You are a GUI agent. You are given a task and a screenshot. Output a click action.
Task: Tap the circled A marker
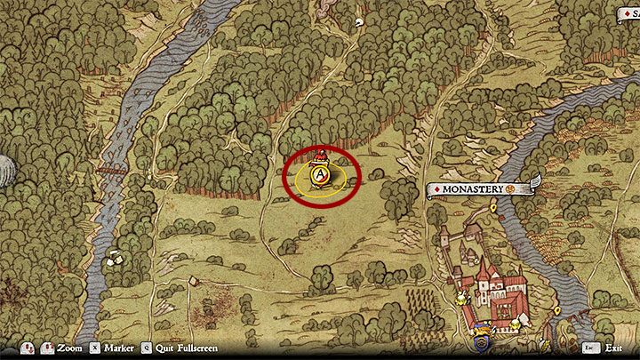pos(317,175)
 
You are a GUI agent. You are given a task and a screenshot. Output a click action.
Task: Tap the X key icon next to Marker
pos(93,348)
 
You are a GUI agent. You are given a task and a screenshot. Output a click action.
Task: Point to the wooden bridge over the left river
pos(110,169)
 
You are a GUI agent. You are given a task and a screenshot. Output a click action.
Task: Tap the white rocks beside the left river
pos(114,259)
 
